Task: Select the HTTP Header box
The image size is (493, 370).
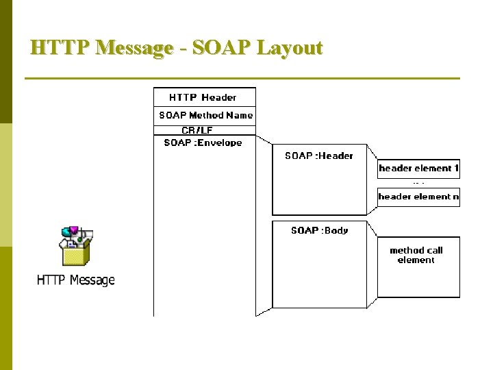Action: coord(203,97)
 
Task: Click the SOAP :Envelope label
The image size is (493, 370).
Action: coord(203,143)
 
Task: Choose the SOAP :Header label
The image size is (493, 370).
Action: coord(318,156)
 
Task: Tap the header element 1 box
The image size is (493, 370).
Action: coord(418,169)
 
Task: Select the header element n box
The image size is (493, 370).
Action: coord(418,197)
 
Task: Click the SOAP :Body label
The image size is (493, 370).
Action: coord(319,230)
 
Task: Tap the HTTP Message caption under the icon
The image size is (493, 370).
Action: coord(75,280)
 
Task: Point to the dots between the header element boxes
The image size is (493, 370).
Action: coord(418,183)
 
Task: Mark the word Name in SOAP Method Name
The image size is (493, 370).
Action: coord(240,115)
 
